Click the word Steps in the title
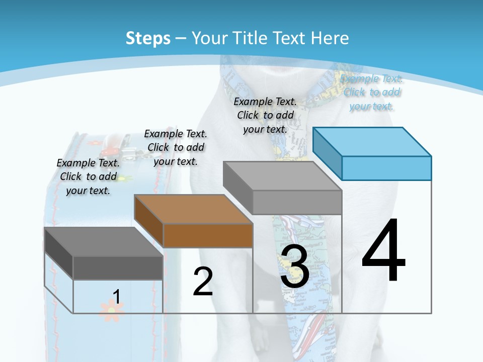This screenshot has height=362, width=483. coord(147,38)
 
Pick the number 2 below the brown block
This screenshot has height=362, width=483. coord(203,282)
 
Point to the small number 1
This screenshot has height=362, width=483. coord(116,297)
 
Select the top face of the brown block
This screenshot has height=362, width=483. coord(193,209)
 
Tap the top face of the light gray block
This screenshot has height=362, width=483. coord(282,176)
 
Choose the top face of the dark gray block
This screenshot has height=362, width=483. coord(104,241)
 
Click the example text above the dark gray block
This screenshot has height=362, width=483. coord(88,176)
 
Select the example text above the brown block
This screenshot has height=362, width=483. coord(176,147)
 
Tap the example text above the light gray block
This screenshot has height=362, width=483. coord(265,115)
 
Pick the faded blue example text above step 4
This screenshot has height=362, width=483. coord(371,92)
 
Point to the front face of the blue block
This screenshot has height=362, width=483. coord(386,168)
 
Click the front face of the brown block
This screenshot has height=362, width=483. coord(208,235)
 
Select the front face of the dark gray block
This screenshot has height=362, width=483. coord(118,268)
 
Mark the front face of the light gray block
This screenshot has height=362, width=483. coord(297,203)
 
